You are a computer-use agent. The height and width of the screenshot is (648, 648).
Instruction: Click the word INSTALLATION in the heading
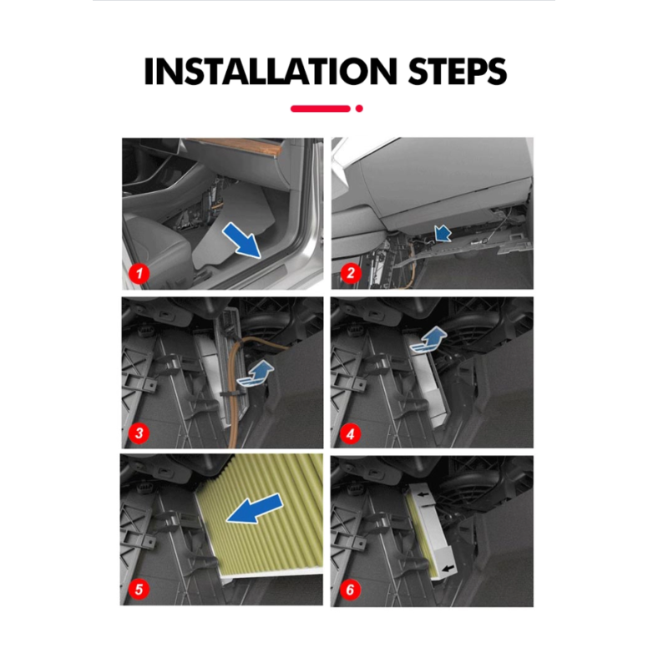(x=271, y=72)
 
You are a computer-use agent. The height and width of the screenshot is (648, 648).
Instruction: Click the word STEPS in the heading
(x=457, y=72)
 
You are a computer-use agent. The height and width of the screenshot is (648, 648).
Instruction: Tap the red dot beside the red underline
(x=359, y=109)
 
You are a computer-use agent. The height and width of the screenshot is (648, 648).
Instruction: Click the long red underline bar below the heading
(x=321, y=109)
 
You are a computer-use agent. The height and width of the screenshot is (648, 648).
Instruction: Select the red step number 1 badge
(x=139, y=273)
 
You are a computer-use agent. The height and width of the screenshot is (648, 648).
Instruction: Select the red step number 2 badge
(x=351, y=273)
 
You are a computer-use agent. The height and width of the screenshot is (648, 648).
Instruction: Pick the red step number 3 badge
(x=139, y=433)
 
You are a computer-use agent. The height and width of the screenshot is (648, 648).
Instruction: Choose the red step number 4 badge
(x=351, y=434)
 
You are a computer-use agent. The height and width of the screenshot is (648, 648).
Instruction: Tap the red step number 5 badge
(x=139, y=589)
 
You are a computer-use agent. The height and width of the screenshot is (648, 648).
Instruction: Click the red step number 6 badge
(x=350, y=590)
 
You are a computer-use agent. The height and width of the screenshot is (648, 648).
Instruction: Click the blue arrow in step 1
(x=242, y=240)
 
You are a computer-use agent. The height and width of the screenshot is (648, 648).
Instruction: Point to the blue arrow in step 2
(x=443, y=233)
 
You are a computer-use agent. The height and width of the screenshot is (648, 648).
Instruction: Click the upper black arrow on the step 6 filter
(x=423, y=494)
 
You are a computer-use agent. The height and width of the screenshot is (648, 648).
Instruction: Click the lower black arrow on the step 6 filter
(x=448, y=569)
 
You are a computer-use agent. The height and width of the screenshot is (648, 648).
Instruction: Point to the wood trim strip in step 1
(x=251, y=146)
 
